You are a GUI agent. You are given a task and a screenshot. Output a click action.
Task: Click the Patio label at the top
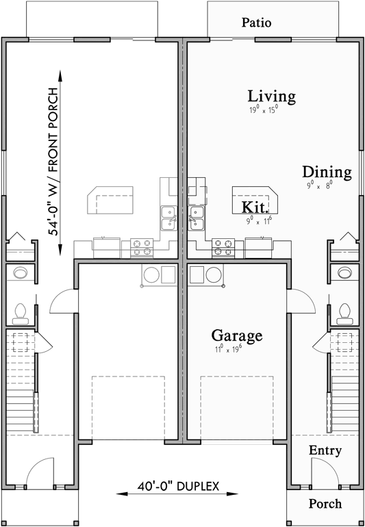click(x=257, y=23)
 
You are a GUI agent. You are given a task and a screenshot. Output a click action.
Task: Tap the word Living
click(x=272, y=97)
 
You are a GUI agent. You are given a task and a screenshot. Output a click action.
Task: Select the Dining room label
click(x=327, y=172)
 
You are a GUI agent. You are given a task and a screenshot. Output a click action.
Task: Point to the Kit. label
click(x=255, y=207)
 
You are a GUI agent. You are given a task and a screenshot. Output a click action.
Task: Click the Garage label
click(x=236, y=336)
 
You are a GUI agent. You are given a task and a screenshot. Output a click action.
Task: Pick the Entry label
click(x=325, y=451)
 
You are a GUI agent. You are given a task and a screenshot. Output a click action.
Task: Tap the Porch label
click(x=325, y=504)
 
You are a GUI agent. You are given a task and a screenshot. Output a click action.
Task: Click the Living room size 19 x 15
click(x=263, y=109)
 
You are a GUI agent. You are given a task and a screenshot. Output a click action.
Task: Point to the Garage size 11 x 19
click(x=228, y=349)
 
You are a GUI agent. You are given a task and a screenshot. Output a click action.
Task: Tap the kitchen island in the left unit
click(x=109, y=201)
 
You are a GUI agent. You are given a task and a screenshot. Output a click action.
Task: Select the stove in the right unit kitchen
click(x=224, y=246)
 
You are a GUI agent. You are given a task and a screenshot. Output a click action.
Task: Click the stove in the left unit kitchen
click(x=142, y=246)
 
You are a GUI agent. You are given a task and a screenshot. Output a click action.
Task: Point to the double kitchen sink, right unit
click(x=197, y=217)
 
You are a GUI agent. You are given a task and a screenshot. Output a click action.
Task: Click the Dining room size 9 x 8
click(x=318, y=185)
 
